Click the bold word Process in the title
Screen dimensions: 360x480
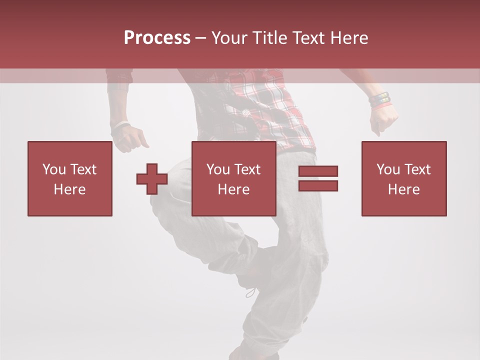pos(157,38)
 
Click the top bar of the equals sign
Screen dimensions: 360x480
pos(318,171)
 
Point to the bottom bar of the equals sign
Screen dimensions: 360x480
pos(318,185)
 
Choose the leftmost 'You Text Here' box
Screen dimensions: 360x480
pos(70,178)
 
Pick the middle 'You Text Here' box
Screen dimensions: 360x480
pos(233,178)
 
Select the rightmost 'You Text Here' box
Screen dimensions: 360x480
pos(404,178)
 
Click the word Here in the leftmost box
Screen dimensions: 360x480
pos(70,189)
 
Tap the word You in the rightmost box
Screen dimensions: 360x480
pos(388,169)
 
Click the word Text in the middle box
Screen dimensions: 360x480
pos(248,169)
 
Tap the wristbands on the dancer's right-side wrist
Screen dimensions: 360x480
pos(380,100)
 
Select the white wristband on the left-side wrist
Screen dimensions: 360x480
pos(120,127)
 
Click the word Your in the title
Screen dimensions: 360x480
pos(229,38)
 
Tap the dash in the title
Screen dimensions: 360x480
pos(200,38)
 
